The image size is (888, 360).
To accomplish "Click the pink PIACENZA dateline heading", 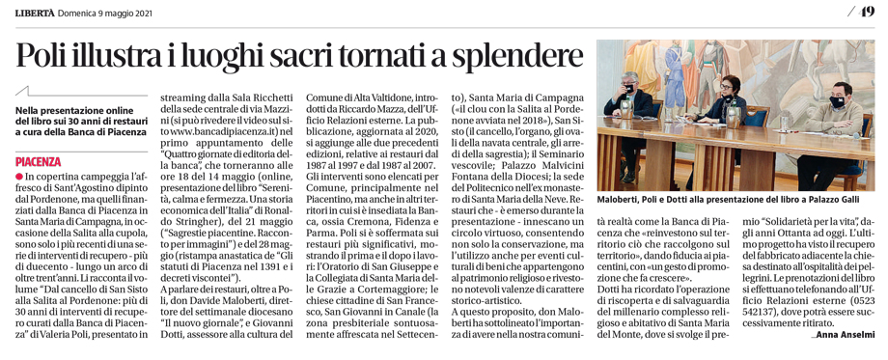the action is coord(39,162).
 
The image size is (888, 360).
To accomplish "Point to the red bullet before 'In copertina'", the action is coord(19,178).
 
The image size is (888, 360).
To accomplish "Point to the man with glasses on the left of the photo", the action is coord(628,101).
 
